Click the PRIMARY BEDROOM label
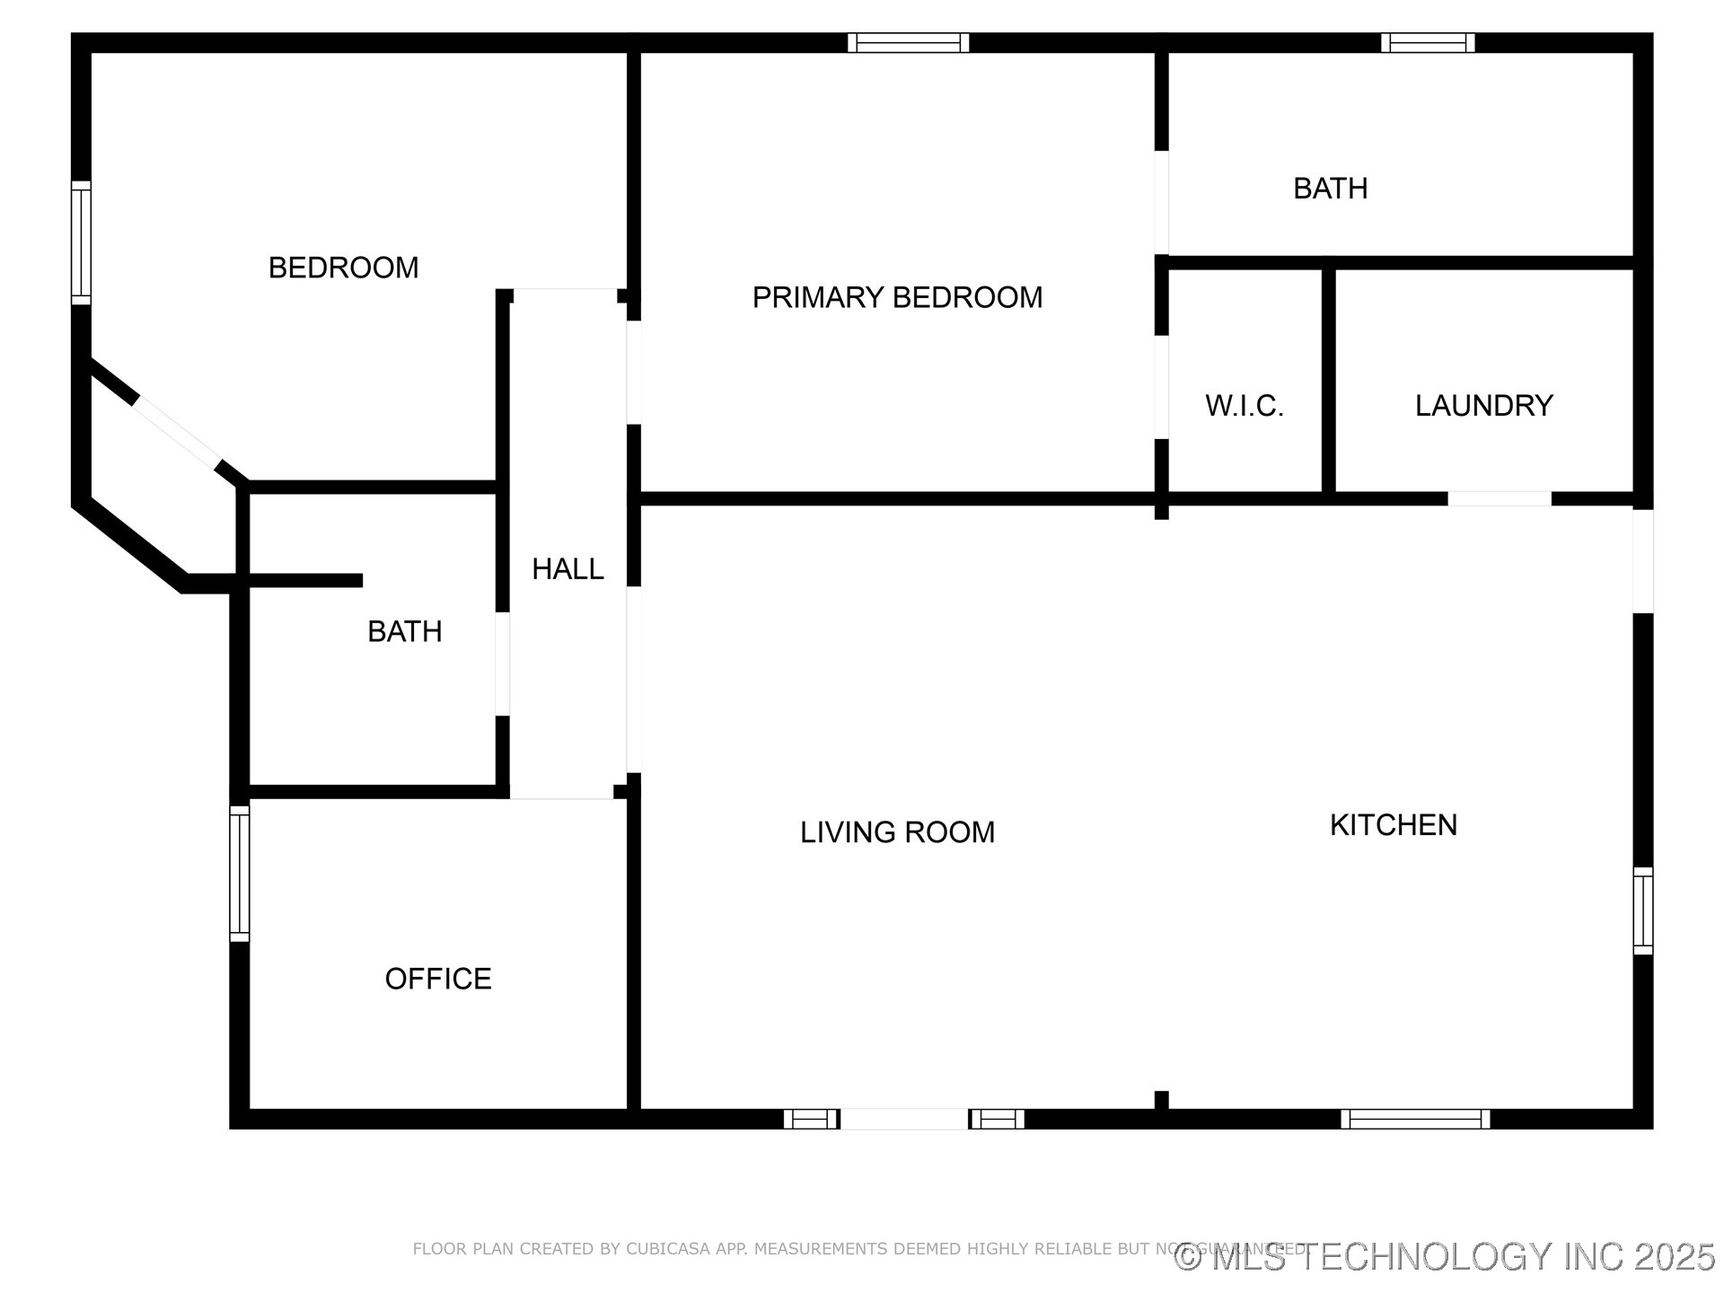click(x=897, y=297)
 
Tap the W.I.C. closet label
click(x=1244, y=406)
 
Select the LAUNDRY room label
click(x=1483, y=406)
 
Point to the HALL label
click(x=567, y=568)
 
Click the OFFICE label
click(x=438, y=978)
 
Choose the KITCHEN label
click(x=1393, y=824)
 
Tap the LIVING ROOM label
click(x=897, y=832)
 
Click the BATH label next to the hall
click(x=404, y=631)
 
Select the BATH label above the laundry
click(x=1330, y=189)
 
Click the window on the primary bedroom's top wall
click(x=908, y=42)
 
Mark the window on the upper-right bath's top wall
click(x=1427, y=42)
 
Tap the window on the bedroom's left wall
click(x=81, y=242)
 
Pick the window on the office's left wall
click(x=239, y=873)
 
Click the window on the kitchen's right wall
click(x=1642, y=910)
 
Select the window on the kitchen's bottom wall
click(x=1415, y=1119)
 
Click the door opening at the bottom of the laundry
click(x=1499, y=498)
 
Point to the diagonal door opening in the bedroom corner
click(x=177, y=434)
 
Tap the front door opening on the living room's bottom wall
click(x=903, y=1119)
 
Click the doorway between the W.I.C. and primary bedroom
click(x=1161, y=387)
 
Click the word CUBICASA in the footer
click(x=668, y=1249)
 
